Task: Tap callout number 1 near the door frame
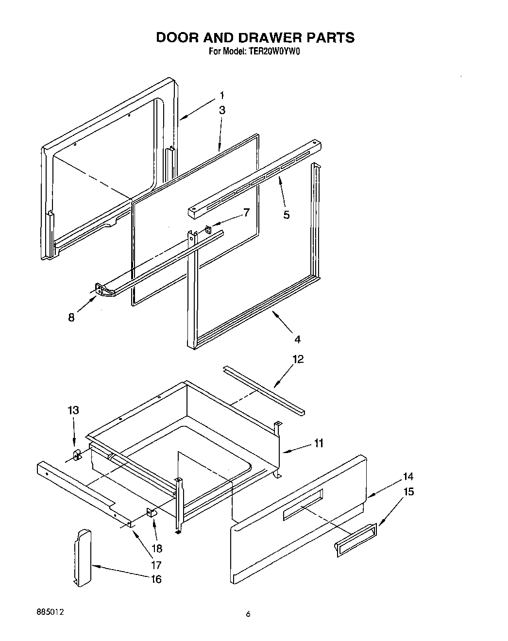(x=221, y=95)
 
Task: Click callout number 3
(x=222, y=110)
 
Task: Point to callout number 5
(x=287, y=214)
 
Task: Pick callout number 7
(x=246, y=212)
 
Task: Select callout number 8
(x=71, y=318)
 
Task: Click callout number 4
(x=297, y=338)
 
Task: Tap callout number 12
(x=298, y=359)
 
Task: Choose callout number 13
(x=73, y=410)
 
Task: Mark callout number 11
(x=319, y=443)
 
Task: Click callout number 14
(x=408, y=476)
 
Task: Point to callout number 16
(x=156, y=579)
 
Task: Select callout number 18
(x=156, y=548)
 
